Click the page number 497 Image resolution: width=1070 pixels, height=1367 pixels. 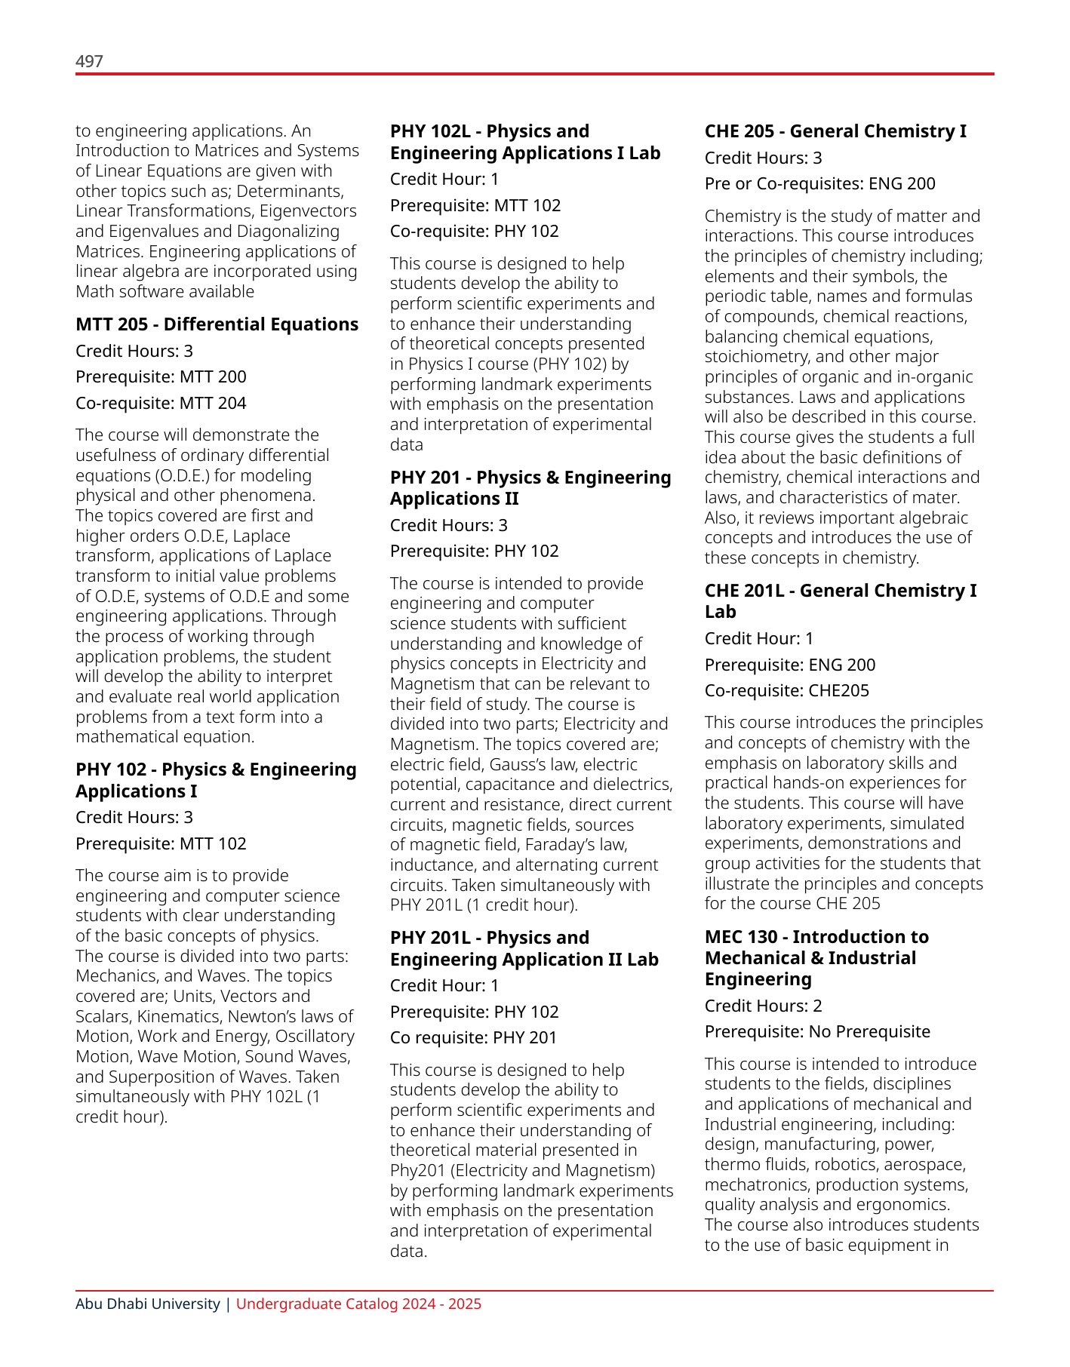(89, 61)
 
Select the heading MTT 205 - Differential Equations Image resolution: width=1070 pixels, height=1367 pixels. (217, 324)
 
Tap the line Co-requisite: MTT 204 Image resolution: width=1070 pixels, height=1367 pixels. (161, 403)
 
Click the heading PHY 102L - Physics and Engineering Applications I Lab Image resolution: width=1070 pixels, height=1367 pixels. (524, 142)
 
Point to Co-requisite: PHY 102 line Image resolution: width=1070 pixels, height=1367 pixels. (474, 231)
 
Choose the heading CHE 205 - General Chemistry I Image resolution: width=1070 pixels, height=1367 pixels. (835, 131)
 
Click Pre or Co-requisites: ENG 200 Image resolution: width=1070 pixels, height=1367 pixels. (819, 183)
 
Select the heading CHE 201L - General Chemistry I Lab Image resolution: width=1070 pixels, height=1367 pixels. (840, 601)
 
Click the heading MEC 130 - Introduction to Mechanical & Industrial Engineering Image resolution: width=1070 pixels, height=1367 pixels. (816, 957)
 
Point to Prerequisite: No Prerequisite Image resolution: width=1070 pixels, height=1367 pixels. (817, 1031)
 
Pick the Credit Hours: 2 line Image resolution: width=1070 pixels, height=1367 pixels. (763, 1006)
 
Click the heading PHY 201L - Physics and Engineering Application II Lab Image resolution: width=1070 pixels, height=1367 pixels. (524, 948)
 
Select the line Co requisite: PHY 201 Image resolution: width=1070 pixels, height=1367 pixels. (473, 1037)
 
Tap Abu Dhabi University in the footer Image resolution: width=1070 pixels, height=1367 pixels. (147, 1304)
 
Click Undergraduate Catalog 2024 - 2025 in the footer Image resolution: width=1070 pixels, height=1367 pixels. (358, 1304)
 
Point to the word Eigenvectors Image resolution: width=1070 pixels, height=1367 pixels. (309, 211)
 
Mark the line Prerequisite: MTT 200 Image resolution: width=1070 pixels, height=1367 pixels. (161, 376)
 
